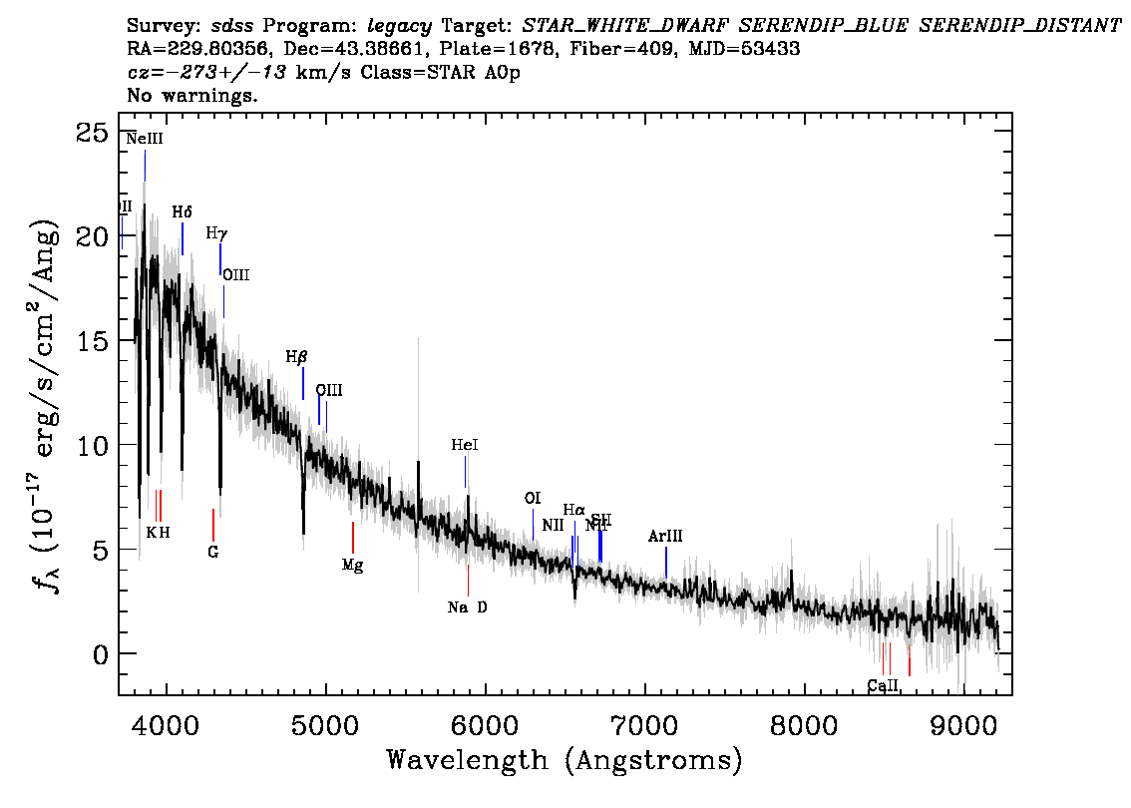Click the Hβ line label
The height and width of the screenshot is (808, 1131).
(x=296, y=356)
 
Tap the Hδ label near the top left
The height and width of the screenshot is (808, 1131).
(x=182, y=211)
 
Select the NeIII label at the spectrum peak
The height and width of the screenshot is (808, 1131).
(x=145, y=140)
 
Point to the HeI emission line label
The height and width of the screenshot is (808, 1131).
(x=465, y=445)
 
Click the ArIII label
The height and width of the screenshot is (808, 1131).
(x=665, y=537)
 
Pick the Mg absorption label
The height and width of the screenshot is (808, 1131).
(x=352, y=565)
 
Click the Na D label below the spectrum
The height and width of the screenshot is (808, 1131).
(x=468, y=606)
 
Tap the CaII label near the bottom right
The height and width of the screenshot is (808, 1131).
(x=883, y=685)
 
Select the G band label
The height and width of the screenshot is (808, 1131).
(x=212, y=551)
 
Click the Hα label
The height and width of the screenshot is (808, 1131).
(x=573, y=510)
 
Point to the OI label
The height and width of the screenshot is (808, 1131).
(x=533, y=498)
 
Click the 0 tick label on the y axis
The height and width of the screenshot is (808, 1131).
(x=99, y=654)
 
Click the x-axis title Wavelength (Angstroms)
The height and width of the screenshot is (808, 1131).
(x=565, y=760)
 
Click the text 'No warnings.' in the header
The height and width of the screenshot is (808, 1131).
(x=193, y=96)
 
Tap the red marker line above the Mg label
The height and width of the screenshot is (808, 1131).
(x=353, y=537)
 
